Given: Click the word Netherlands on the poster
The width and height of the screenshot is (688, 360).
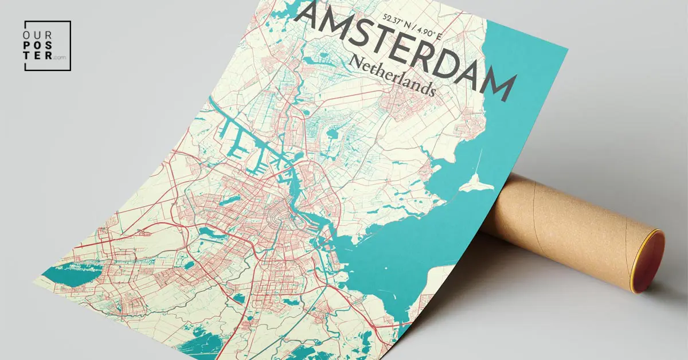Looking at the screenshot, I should [392, 76].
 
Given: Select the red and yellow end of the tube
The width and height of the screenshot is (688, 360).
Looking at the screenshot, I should [650, 261].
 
